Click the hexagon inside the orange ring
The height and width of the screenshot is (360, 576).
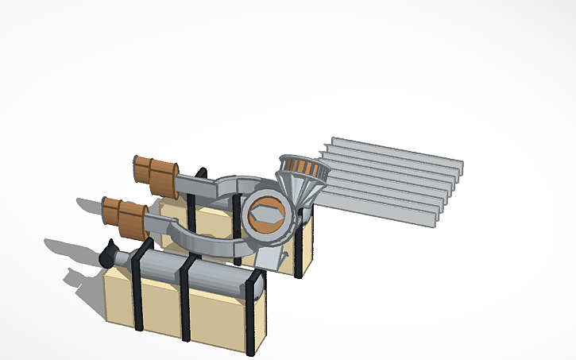266,215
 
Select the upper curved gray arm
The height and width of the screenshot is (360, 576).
215,187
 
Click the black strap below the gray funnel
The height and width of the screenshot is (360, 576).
300,246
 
